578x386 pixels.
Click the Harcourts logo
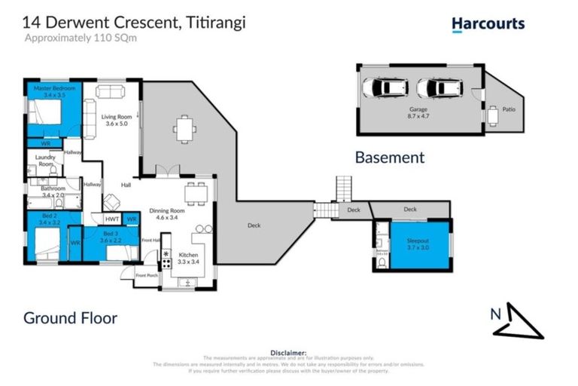point(488,24)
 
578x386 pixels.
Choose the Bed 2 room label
point(42,219)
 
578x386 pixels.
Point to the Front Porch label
point(146,276)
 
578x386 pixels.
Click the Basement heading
point(389,158)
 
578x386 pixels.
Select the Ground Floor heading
point(70,317)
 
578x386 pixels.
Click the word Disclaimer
point(289,351)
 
